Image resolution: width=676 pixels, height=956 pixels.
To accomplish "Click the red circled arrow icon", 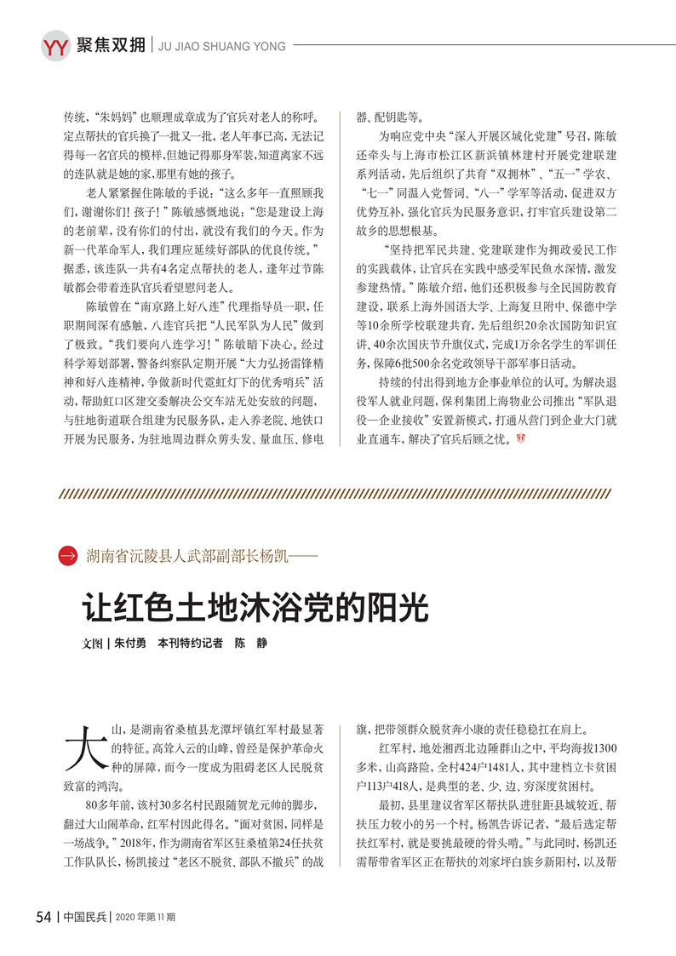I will (68, 557).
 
